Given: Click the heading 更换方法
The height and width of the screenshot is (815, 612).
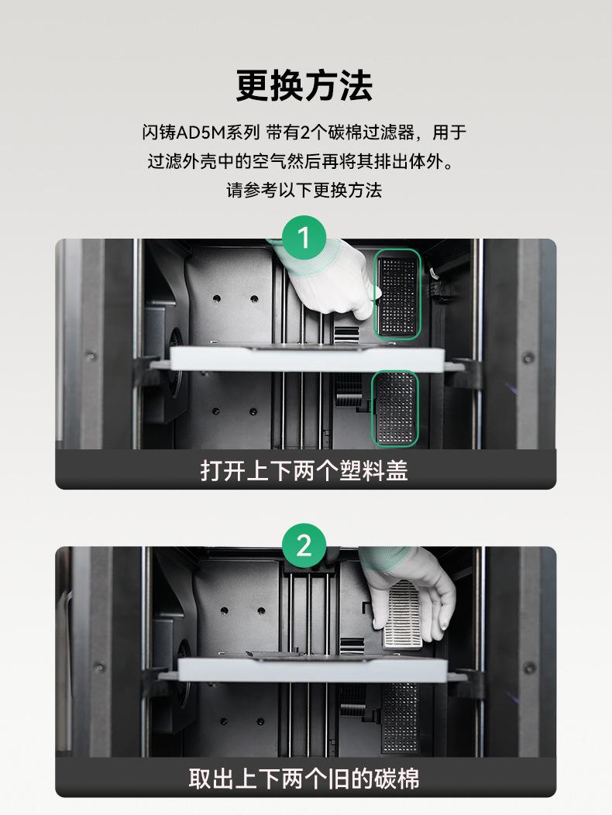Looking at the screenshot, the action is pyautogui.click(x=304, y=85).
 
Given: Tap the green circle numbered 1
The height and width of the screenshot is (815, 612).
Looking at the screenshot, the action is pyautogui.click(x=304, y=238).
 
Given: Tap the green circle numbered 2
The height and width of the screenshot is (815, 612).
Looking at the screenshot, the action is pyautogui.click(x=304, y=545).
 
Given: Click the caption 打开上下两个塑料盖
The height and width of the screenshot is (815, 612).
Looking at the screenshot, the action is pyautogui.click(x=304, y=470).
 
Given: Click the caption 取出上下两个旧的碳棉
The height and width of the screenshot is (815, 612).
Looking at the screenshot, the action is pyautogui.click(x=304, y=779).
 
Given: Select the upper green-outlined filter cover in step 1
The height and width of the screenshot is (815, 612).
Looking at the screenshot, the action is pyautogui.click(x=397, y=294).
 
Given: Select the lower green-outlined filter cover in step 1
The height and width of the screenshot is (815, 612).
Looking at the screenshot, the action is pyautogui.click(x=395, y=408).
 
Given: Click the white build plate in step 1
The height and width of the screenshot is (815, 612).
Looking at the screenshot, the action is pyautogui.click(x=308, y=358).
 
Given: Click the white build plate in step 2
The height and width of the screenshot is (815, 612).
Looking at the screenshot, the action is pyautogui.click(x=312, y=669).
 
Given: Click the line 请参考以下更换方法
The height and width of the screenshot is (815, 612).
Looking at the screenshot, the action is pyautogui.click(x=304, y=191).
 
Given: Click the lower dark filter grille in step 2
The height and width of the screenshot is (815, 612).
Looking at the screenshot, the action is pyautogui.click(x=399, y=718).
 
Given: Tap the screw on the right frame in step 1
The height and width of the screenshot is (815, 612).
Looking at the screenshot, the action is pyautogui.click(x=528, y=358).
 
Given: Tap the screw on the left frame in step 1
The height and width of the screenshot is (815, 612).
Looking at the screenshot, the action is pyautogui.click(x=91, y=356).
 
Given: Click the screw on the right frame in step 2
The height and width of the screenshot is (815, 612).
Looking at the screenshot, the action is pyautogui.click(x=530, y=667).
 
